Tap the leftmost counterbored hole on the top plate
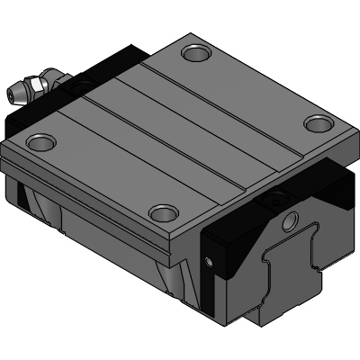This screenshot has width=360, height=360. (x=40, y=140)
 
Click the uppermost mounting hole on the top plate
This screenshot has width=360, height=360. (x=195, y=54)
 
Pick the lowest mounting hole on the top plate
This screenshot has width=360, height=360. (x=162, y=213)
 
